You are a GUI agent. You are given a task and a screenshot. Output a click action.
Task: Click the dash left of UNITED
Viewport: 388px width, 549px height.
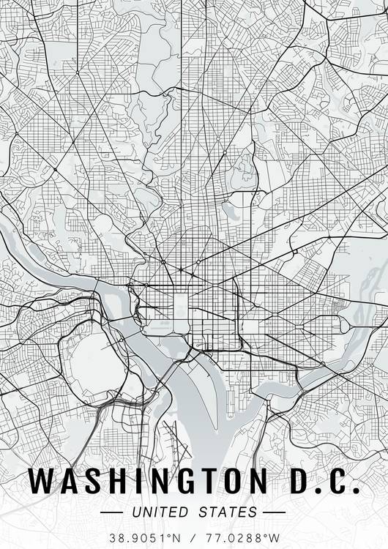pos(115,512)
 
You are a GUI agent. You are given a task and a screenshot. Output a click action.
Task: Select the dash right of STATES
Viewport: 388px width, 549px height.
pos(273,512)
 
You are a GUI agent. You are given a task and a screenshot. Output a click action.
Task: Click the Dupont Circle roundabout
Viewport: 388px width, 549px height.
pos(163,261)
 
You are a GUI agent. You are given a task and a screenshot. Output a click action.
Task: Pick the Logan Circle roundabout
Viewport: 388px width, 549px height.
pos(198,261)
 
